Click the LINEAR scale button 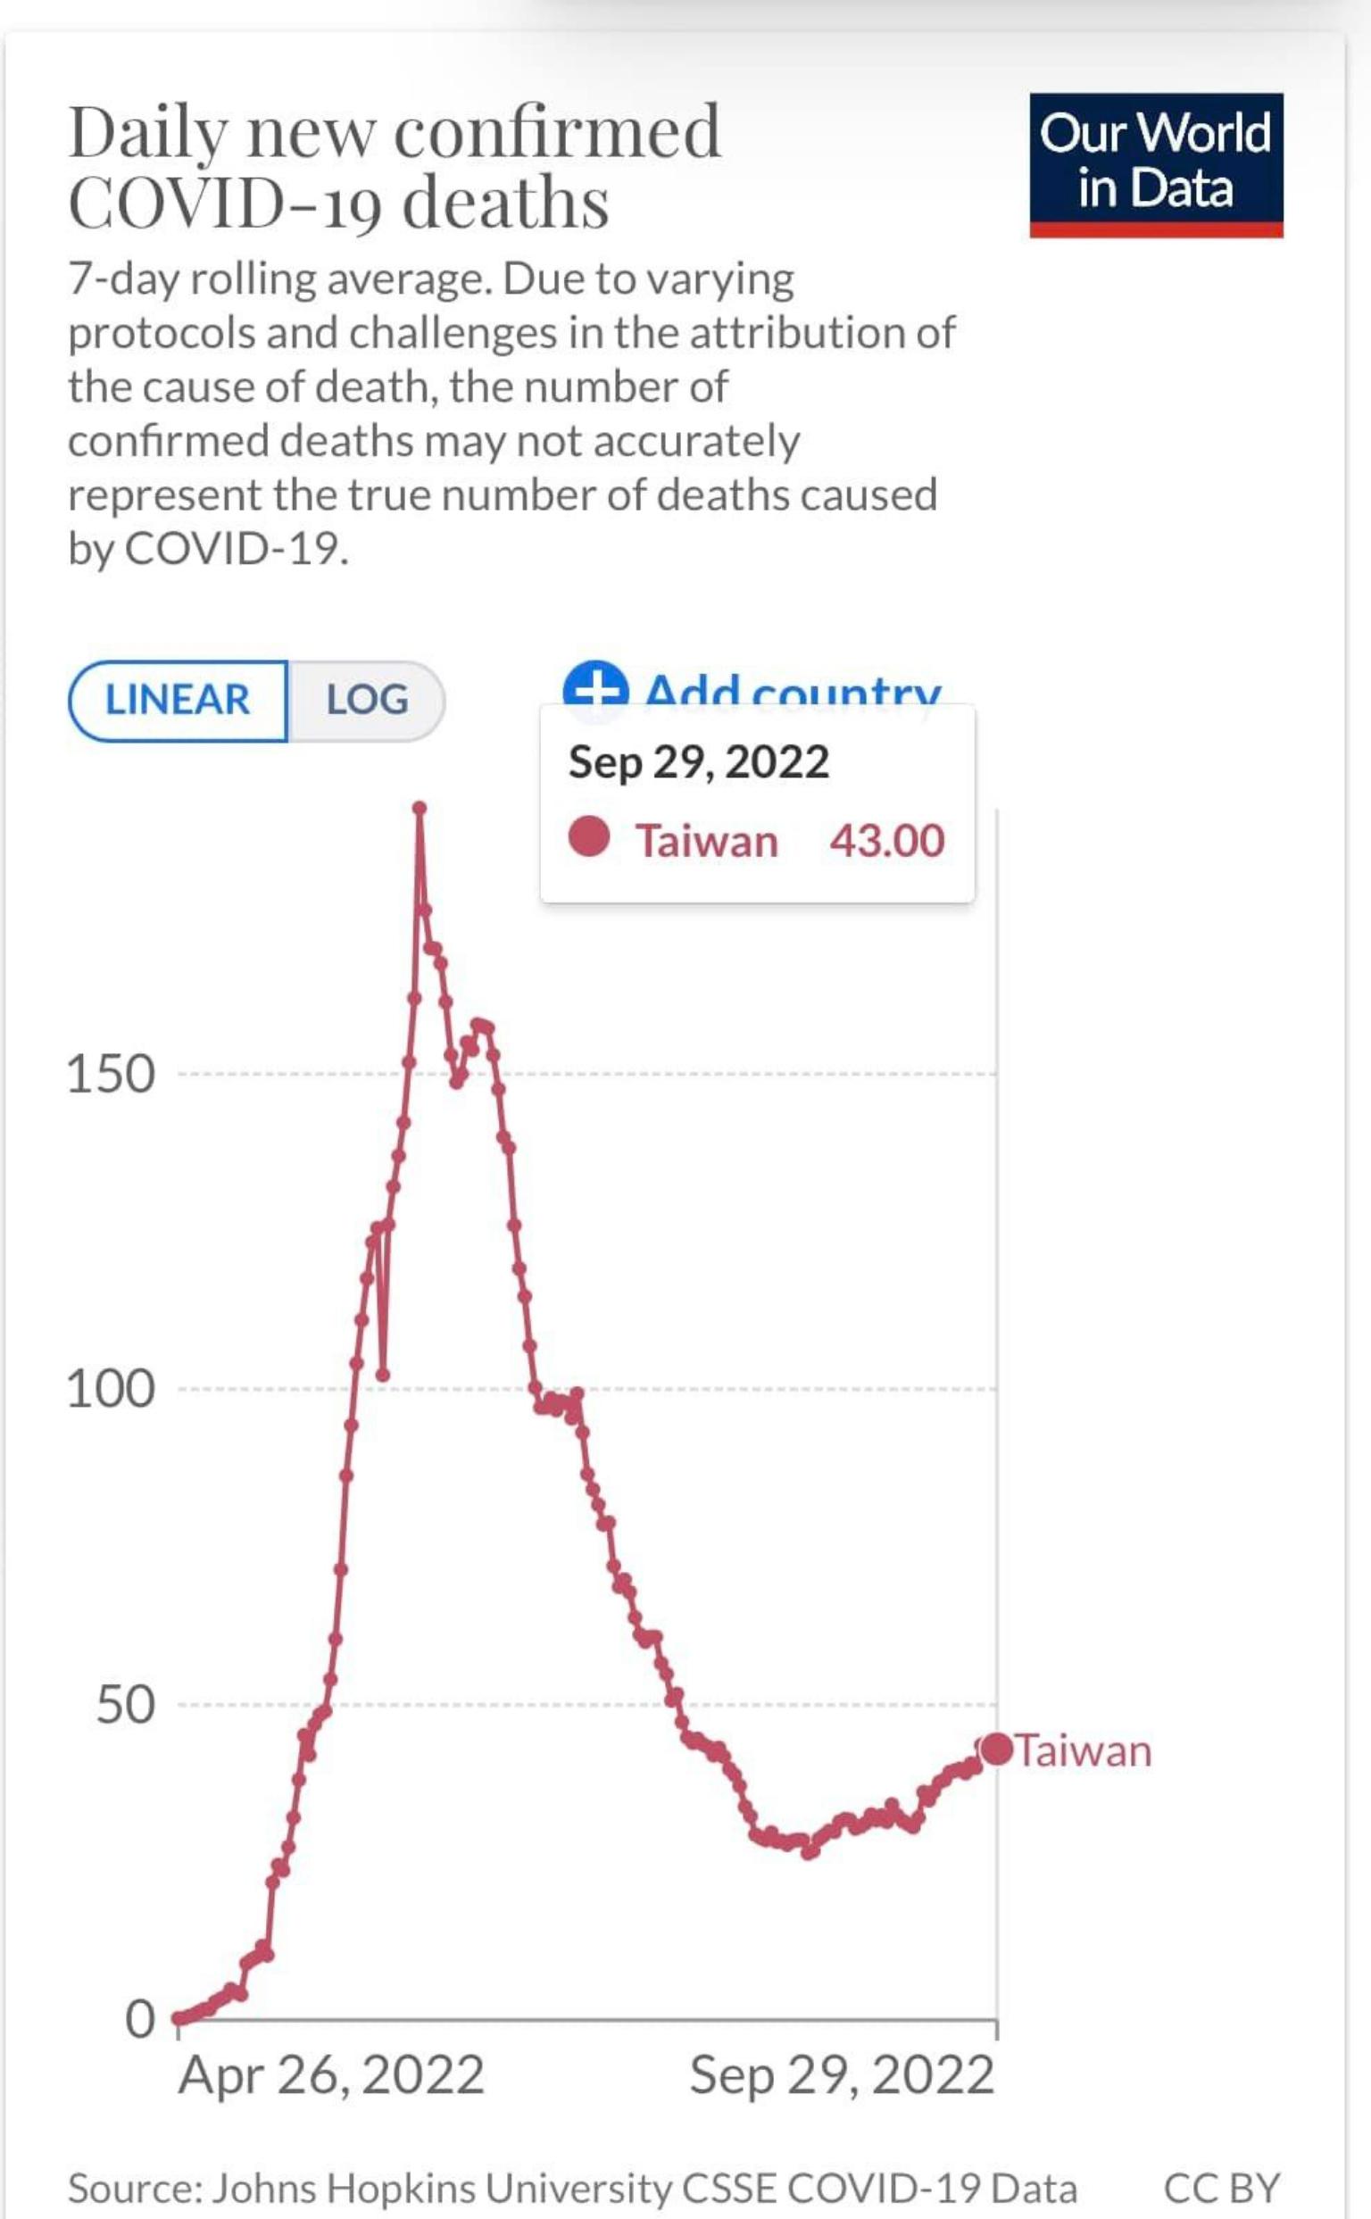178,700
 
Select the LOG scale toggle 367,700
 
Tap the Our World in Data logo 1155,164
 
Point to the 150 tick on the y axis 111,1076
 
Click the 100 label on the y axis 111,1390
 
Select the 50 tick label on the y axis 125,1706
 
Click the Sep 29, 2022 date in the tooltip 698,761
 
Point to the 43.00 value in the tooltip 887,841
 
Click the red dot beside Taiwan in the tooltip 589,837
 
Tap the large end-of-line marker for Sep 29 997,1749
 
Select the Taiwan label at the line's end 1084,1751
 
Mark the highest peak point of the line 419,807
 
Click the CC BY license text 1221,2188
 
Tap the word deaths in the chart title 505,204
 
